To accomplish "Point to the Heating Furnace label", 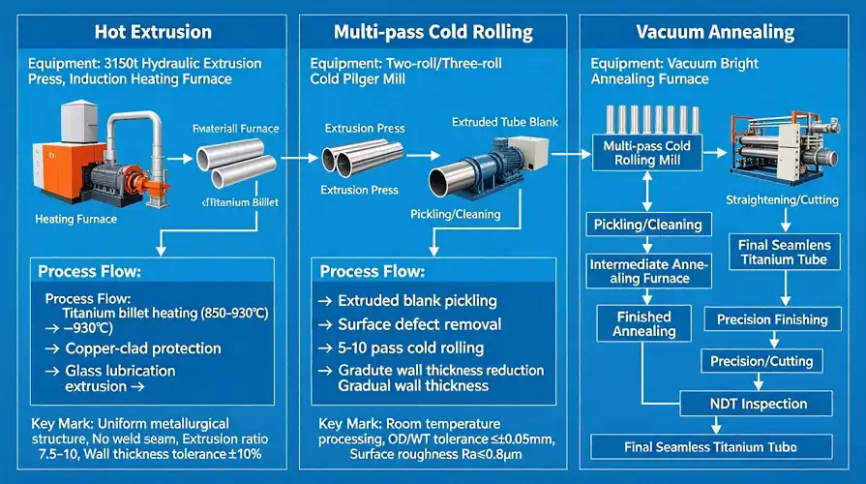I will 75,219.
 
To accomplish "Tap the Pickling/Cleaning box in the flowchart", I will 648,225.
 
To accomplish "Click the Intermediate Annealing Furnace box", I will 647,271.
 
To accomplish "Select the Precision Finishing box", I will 771,319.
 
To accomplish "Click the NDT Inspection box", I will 759,404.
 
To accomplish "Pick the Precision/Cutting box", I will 761,361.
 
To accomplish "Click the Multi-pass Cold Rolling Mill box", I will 646,153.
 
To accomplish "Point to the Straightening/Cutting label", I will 781,199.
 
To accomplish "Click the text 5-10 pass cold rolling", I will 410,348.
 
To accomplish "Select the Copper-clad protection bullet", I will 142,348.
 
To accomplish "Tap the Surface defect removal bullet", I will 419,324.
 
